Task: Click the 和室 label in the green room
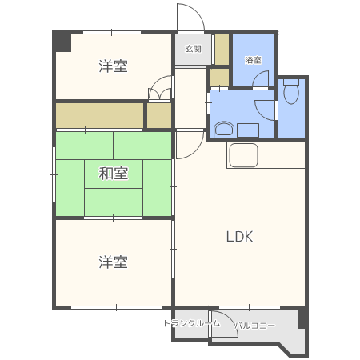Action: tap(114, 172)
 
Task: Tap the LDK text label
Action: tap(238, 237)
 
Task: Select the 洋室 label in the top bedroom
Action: tap(114, 66)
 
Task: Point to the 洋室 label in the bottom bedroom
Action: tap(114, 262)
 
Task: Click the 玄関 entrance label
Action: tap(194, 49)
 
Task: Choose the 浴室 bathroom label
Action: tap(253, 60)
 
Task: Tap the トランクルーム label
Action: tap(191, 323)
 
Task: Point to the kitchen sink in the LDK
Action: tap(243, 155)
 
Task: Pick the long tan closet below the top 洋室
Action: tap(99, 114)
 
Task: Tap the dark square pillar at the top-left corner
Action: tap(62, 41)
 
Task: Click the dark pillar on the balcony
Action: tap(302, 318)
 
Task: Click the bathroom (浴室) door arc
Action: tap(261, 79)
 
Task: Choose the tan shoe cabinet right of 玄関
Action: tap(222, 50)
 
